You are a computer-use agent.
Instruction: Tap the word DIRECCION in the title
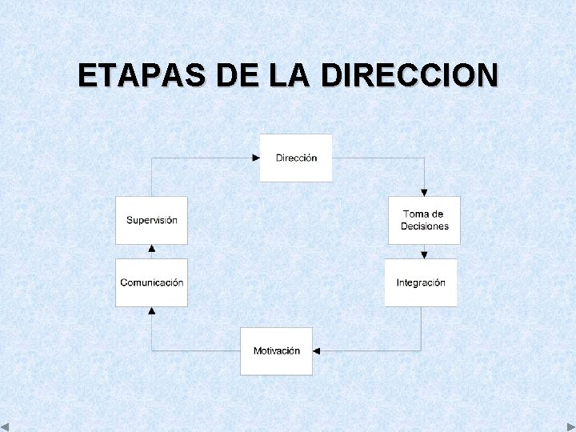[409, 75]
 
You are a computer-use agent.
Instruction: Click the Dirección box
[296, 158]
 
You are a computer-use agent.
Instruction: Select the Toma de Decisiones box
[424, 220]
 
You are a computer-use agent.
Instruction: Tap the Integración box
[421, 282]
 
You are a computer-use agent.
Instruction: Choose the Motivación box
[276, 350]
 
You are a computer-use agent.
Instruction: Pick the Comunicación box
[151, 282]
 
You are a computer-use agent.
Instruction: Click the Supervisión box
[151, 220]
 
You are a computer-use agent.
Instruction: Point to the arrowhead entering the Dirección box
[256, 158]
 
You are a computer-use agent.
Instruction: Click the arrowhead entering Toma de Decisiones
[424, 192]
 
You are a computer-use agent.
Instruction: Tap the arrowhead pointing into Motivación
[317, 350]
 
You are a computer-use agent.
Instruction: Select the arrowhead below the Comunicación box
[151, 310]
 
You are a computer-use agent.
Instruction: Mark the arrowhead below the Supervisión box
[151, 248]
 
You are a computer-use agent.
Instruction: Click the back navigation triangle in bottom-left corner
[6, 426]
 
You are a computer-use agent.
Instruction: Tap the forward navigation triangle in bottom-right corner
[570, 426]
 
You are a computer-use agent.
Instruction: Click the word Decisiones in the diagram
[425, 226]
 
